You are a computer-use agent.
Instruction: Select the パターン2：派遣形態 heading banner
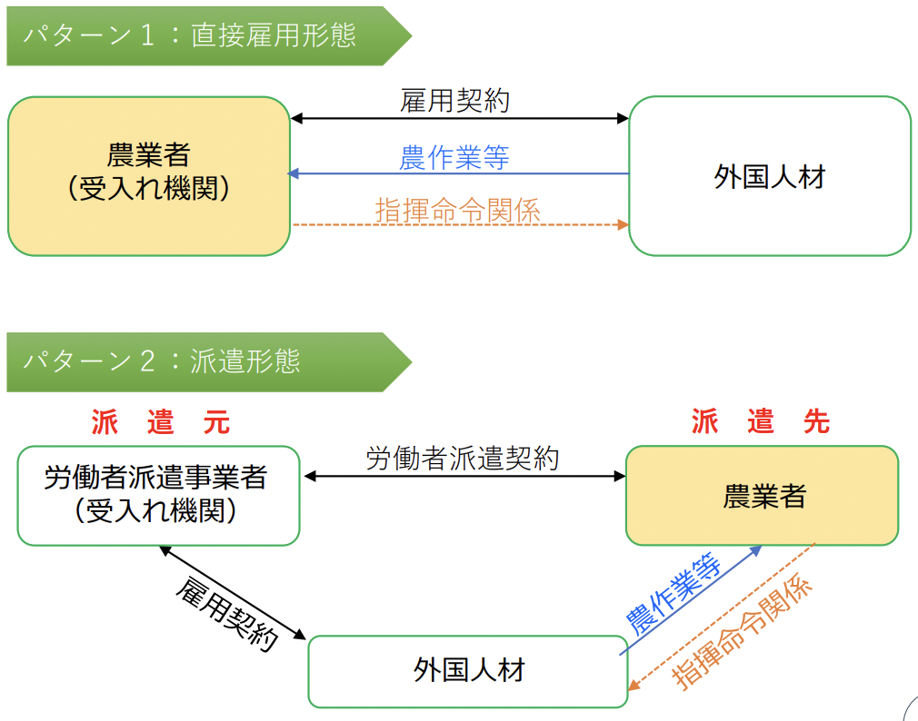[x=182, y=362]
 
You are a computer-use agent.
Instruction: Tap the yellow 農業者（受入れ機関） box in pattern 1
[x=148, y=176]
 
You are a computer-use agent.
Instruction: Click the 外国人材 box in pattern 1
[x=769, y=176]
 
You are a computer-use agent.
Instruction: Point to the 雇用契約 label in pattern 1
[x=454, y=100]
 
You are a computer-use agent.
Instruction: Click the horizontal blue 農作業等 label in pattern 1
[x=454, y=157]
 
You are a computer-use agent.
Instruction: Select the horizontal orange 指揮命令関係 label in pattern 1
[x=457, y=210]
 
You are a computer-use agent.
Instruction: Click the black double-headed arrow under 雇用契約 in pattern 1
[x=460, y=118]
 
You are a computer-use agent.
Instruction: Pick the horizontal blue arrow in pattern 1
[x=460, y=173]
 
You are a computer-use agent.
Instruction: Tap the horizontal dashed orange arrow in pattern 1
[x=460, y=224]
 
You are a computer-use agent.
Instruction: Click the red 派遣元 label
[x=160, y=422]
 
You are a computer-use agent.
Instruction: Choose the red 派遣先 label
[x=761, y=422]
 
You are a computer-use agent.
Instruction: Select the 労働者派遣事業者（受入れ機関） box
[x=158, y=496]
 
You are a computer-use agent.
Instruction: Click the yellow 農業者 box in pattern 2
[x=763, y=496]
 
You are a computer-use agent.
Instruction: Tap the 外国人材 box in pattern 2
[x=468, y=672]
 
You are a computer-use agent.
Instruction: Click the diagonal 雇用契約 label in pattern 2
[x=225, y=613]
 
